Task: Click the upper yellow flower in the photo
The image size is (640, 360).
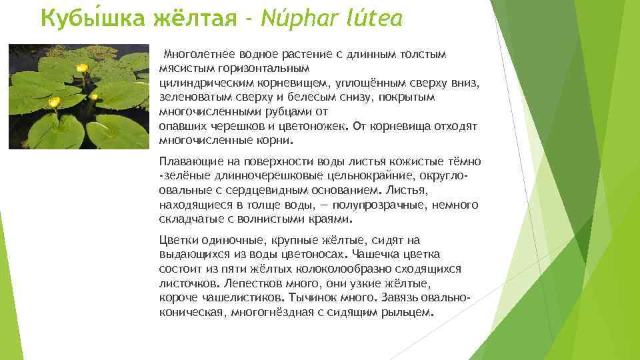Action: click(x=81, y=68)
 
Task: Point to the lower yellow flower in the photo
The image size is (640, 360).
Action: click(x=54, y=102)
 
